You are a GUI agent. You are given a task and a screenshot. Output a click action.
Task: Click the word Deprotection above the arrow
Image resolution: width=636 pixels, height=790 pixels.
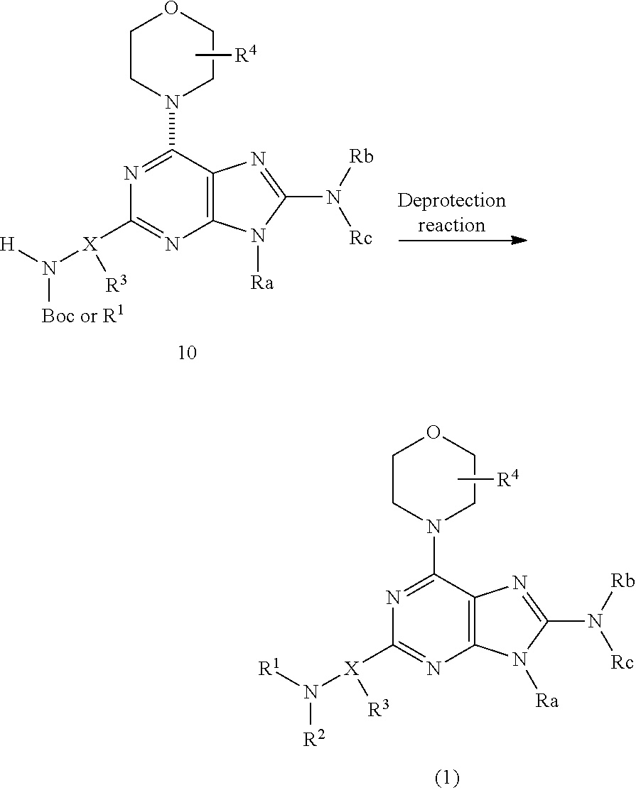pos(451,202)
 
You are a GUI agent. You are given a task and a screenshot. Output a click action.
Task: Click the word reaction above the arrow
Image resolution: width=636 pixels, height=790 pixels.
pos(451,225)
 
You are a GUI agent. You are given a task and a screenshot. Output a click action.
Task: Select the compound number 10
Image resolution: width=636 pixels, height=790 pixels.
pos(187,353)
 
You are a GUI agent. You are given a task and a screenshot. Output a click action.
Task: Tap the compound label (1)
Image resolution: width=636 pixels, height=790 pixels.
pos(448,778)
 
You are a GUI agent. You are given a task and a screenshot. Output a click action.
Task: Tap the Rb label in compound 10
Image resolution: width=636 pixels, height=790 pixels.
pos(362,157)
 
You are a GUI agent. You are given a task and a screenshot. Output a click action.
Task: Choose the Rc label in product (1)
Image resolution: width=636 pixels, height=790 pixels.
pos(622,662)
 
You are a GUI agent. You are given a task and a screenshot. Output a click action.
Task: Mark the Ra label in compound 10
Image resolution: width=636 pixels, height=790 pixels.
pos(262,282)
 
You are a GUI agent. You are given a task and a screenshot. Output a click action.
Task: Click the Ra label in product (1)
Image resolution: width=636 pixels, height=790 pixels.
pos(547,701)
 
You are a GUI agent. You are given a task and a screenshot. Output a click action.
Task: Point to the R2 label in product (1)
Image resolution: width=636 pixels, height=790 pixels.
pos(314,737)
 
